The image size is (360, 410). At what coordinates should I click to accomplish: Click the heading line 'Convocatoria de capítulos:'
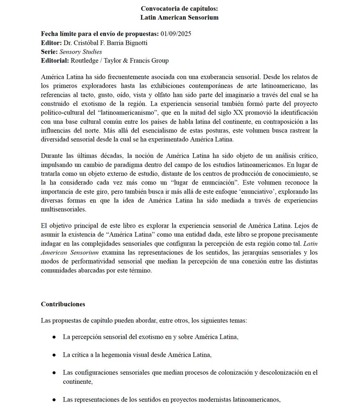click(180, 9)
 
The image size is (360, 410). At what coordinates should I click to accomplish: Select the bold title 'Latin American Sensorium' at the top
click(180, 17)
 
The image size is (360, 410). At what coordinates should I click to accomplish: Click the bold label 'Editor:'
click(51, 43)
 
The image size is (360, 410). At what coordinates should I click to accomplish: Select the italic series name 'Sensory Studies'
click(80, 52)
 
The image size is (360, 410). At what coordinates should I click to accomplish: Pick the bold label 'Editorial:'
click(55, 61)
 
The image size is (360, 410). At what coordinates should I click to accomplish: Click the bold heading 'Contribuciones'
click(63, 304)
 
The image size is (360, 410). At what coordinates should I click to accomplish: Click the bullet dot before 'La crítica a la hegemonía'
click(54, 355)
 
